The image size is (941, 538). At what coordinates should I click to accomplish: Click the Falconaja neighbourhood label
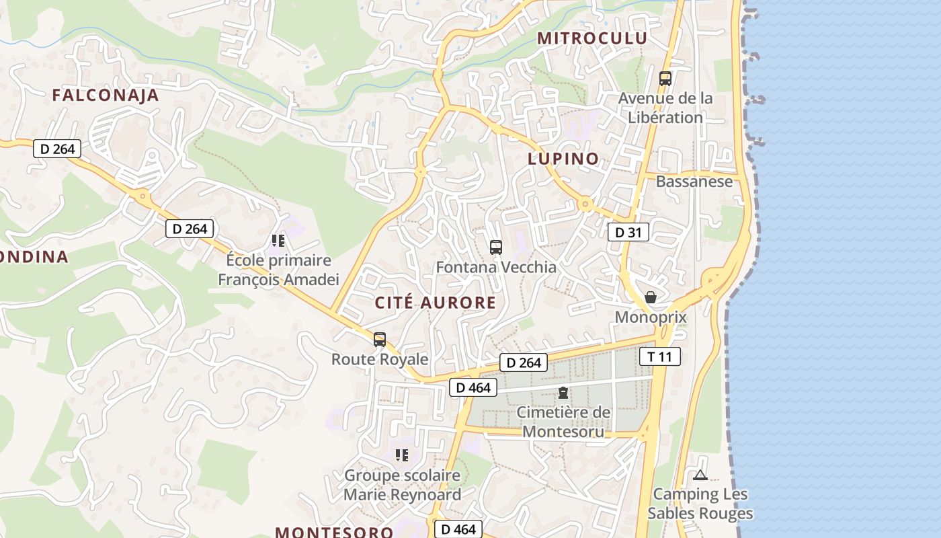click(x=106, y=95)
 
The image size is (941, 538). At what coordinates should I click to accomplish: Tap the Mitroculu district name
click(x=592, y=38)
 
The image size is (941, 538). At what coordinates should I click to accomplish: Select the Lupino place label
click(x=563, y=159)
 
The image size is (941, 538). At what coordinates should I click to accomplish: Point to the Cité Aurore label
click(x=436, y=303)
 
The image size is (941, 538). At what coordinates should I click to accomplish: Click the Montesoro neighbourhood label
click(x=334, y=532)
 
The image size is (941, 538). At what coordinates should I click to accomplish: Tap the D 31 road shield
click(x=628, y=233)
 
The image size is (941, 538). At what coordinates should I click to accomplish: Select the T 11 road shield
click(x=660, y=356)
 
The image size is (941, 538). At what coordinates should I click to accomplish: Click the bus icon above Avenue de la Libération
click(x=665, y=79)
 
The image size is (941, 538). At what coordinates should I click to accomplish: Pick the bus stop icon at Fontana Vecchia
click(x=496, y=247)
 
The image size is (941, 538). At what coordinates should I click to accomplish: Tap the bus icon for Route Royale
click(x=380, y=340)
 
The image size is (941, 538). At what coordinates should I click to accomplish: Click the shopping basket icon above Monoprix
click(x=651, y=297)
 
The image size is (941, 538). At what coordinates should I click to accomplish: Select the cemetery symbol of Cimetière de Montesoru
click(x=563, y=393)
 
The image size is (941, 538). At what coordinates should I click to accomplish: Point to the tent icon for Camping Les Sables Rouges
click(x=700, y=475)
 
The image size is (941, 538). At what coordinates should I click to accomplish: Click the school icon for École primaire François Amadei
click(x=278, y=241)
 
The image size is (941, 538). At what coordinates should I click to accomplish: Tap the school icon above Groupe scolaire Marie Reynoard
click(x=402, y=456)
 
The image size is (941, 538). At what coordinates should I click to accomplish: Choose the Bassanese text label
click(x=694, y=182)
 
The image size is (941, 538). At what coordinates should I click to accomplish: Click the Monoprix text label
click(x=651, y=317)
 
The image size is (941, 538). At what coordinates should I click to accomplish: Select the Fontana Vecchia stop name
click(x=496, y=267)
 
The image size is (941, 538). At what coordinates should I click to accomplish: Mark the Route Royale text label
click(x=380, y=359)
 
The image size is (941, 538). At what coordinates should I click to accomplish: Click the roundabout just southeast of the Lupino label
click(x=585, y=203)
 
